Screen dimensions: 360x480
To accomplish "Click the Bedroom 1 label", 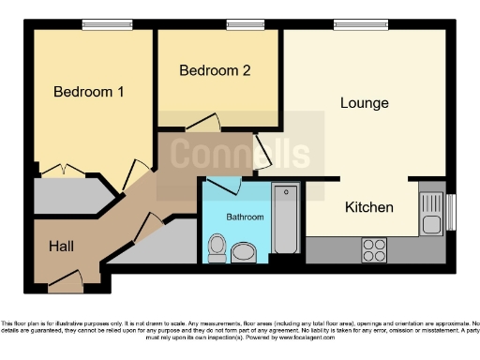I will click(89, 92).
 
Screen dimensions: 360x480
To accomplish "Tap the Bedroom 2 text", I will click(215, 70).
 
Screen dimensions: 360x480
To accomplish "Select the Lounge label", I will click(364, 102).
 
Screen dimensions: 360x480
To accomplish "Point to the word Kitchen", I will click(368, 206).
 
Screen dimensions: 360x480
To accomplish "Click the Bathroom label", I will click(245, 217).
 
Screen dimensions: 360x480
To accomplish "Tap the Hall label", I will click(62, 246).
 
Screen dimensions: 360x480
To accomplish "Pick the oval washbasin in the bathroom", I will click(245, 251).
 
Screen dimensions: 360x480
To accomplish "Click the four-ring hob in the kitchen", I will click(374, 249).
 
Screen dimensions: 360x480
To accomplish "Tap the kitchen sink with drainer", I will click(431, 213).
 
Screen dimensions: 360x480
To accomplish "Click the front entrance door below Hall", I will click(67, 277).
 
